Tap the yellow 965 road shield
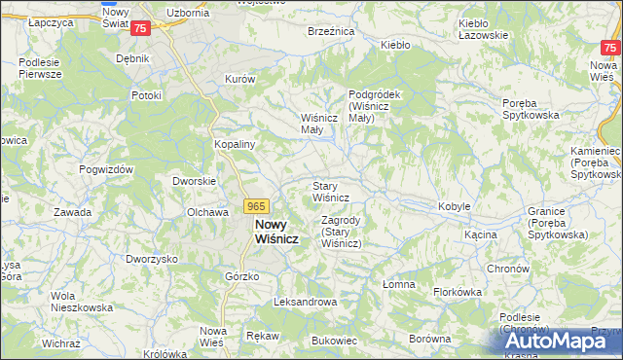(256, 206)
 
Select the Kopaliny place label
(235, 143)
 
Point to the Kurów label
(239, 79)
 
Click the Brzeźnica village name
(330, 31)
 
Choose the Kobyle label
(455, 206)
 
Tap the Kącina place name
(481, 234)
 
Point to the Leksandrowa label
(306, 302)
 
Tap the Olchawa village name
(206, 211)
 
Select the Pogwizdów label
(107, 169)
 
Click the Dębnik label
(132, 58)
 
